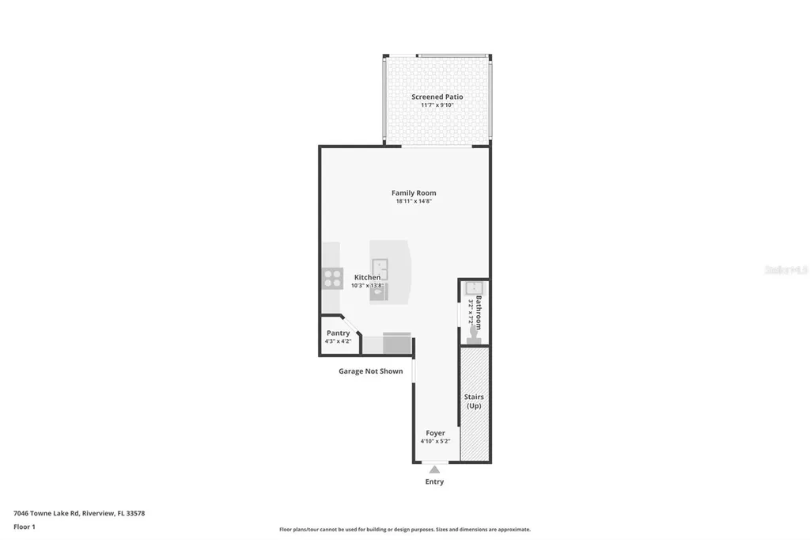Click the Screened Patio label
click(437, 97)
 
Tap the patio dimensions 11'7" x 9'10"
click(437, 105)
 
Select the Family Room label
click(414, 192)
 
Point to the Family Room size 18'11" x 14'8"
click(414, 201)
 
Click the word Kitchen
click(367, 277)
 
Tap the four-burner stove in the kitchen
click(332, 279)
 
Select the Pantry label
click(338, 333)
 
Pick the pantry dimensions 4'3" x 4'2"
click(338, 341)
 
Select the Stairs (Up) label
click(474, 401)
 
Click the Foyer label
click(435, 433)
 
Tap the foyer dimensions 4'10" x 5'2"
click(435, 441)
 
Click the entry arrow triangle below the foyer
click(434, 470)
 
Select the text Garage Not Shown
click(370, 371)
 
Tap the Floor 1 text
click(25, 527)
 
